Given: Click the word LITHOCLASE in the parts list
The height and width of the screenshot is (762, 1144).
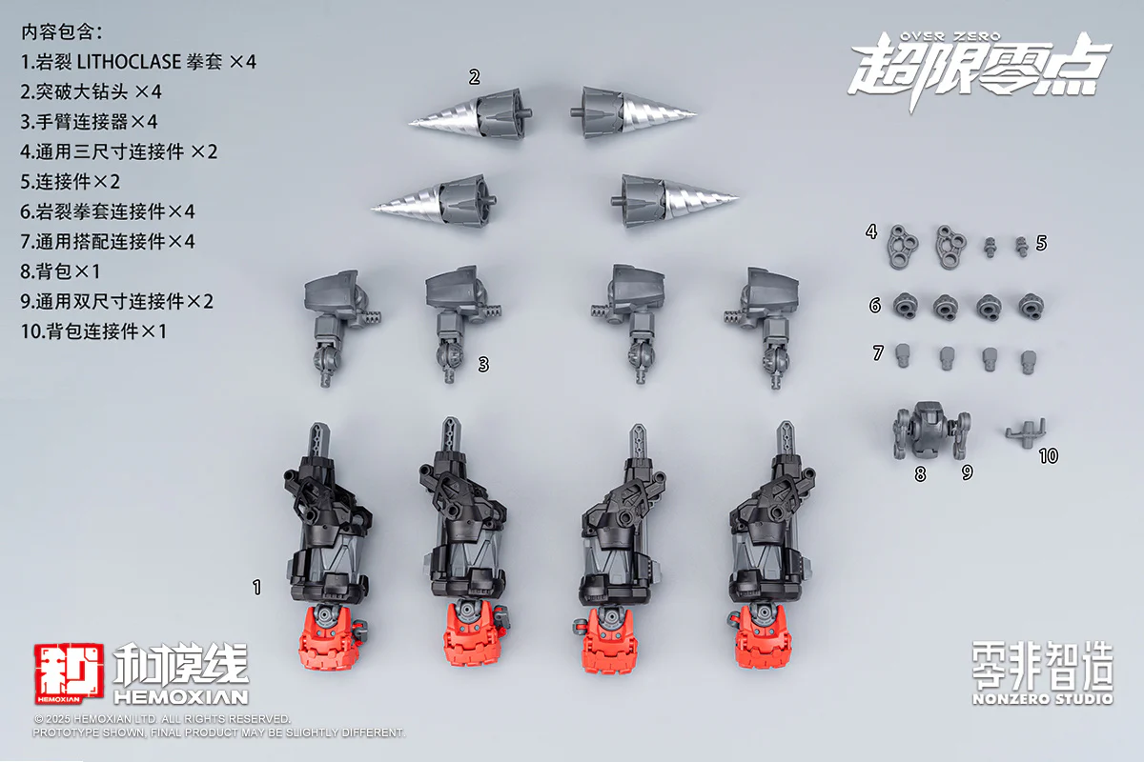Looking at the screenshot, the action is click(x=129, y=62).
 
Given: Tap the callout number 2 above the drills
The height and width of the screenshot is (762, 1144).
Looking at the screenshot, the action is click(x=475, y=77).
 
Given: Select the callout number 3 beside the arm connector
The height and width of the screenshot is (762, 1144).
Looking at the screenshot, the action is click(x=483, y=365).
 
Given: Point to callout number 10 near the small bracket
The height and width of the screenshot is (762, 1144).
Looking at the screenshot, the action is click(x=1049, y=455).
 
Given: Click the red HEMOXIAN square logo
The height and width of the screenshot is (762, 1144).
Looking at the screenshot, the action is click(x=69, y=673).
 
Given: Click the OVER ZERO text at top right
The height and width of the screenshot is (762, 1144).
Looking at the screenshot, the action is click(x=950, y=36).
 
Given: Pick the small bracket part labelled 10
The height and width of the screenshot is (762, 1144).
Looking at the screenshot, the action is click(x=1026, y=433).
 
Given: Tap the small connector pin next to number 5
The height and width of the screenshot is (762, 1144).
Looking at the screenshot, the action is click(x=1022, y=247).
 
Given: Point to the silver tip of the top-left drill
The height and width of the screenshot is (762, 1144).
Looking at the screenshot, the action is click(x=410, y=123).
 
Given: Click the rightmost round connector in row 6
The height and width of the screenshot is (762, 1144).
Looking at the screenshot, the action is click(x=1032, y=307).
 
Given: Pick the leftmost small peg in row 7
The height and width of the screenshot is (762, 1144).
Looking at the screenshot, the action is click(x=903, y=355).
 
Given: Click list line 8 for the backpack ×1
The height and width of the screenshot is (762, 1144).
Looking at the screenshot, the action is click(x=60, y=271).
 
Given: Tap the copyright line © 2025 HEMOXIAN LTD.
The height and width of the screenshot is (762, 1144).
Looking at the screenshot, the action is click(x=162, y=718).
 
